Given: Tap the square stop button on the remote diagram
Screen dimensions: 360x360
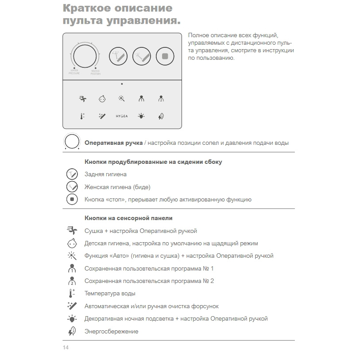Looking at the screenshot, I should pyautogui.click(x=165, y=56).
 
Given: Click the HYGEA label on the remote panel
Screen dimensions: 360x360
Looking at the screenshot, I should pyautogui.click(x=122, y=116).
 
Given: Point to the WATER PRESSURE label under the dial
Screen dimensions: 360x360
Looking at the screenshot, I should pyautogui.click(x=74, y=72).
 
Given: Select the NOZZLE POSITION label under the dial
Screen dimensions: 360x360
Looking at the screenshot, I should pyautogui.click(x=96, y=72).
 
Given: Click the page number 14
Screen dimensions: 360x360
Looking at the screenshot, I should pyautogui.click(x=66, y=347).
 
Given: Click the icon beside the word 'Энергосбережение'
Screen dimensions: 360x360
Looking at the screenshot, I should pyautogui.click(x=72, y=331).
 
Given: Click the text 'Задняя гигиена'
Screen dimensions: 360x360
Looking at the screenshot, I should pyautogui.click(x=105, y=174).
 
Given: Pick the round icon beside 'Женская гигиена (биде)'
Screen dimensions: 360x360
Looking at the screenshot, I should pyautogui.click(x=72, y=187).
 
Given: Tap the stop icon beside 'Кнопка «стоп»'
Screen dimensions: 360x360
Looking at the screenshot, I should pyautogui.click(x=72, y=199).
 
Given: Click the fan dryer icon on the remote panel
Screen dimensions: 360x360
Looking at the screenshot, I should pyautogui.click(x=82, y=99).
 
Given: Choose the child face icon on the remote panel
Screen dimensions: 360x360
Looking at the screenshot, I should pyautogui.click(x=102, y=99).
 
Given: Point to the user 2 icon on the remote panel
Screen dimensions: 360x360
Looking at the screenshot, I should pyautogui.click(x=161, y=99).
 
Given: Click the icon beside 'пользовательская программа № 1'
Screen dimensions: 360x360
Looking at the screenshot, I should pyautogui.click(x=72, y=268).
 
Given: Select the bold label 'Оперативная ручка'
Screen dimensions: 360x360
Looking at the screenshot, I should pyautogui.click(x=113, y=143).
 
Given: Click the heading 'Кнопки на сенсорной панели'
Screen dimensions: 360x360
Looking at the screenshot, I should pyautogui.click(x=128, y=218).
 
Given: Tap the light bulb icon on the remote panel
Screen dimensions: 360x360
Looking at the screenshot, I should pyautogui.click(x=141, y=116).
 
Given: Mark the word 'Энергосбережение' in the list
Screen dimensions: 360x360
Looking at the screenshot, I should pyautogui.click(x=112, y=331).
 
